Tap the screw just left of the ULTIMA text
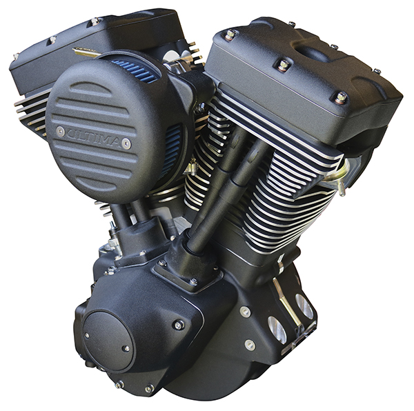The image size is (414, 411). pyautogui.click(x=60, y=130)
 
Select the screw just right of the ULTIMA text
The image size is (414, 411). pyautogui.click(x=126, y=143)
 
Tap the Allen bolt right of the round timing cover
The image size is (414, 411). pyautogui.click(x=179, y=324)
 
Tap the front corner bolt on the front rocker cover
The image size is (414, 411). pyautogui.click(x=339, y=97)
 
